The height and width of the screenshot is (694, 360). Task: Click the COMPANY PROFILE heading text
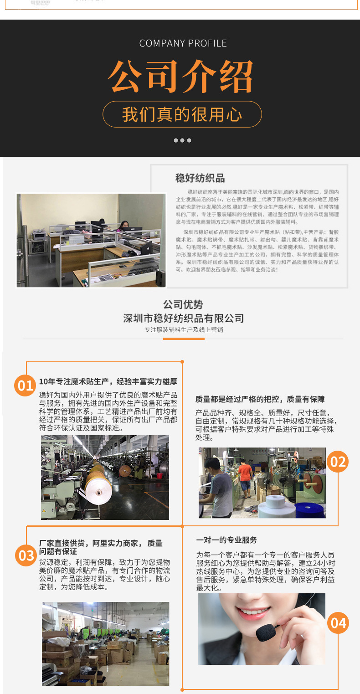[x=183, y=43]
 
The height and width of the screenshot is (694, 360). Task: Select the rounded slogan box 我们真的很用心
[x=182, y=114]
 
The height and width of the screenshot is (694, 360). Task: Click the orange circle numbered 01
[x=26, y=386]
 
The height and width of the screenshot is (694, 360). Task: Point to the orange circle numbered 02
[x=338, y=462]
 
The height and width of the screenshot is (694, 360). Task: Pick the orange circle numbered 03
[x=26, y=555]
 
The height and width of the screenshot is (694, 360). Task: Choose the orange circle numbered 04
[x=338, y=622]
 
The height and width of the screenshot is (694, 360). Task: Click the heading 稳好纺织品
[x=200, y=178]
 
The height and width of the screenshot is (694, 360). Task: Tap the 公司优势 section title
[x=183, y=305]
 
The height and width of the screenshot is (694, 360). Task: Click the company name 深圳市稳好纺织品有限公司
[x=183, y=318]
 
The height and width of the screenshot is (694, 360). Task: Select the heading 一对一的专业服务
[x=226, y=540]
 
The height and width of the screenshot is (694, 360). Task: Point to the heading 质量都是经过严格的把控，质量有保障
[x=260, y=400]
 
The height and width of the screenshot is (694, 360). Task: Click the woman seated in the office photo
[x=123, y=226]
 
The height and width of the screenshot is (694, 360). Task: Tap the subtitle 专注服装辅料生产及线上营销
[x=183, y=330]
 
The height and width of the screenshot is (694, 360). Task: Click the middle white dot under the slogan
[x=182, y=140]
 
